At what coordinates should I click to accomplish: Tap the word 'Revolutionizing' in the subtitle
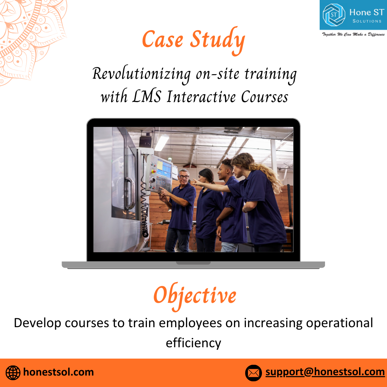(142, 75)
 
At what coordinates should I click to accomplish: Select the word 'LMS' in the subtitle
(147, 96)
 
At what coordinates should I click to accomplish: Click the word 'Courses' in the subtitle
(264, 97)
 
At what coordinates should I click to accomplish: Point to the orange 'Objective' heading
(195, 296)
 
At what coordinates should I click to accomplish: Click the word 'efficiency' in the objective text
(193, 343)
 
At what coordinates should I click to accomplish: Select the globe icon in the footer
(13, 373)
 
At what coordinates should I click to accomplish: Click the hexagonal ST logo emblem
(334, 15)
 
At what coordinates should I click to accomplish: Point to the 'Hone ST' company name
(367, 12)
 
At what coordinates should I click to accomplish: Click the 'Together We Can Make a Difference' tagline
(353, 34)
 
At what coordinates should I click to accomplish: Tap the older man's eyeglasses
(183, 177)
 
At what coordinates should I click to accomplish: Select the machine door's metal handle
(130, 193)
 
